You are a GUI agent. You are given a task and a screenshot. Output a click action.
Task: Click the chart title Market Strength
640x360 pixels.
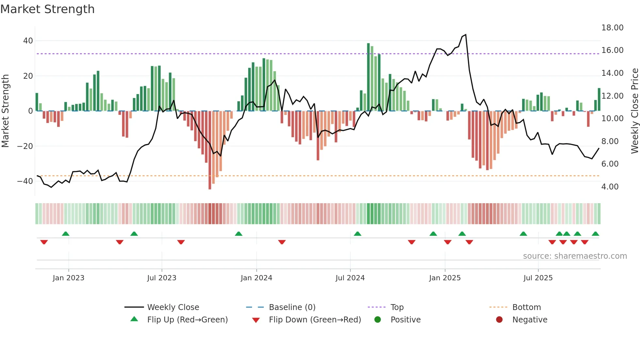click(47, 9)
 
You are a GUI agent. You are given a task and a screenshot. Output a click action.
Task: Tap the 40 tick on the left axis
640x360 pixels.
click(28, 41)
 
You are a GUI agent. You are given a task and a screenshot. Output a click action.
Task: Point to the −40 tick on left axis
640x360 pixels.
click(25, 181)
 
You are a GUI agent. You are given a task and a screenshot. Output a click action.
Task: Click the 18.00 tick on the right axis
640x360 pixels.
click(612, 28)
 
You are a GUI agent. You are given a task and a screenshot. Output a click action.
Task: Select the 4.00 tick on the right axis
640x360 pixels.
click(610, 187)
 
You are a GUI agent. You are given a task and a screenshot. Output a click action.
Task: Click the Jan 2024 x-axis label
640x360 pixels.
click(256, 278)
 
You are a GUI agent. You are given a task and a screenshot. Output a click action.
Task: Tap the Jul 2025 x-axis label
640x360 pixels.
click(538, 278)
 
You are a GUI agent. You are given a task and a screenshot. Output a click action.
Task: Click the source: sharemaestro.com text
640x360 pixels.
click(575, 256)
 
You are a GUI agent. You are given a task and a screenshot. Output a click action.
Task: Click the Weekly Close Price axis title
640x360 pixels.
click(634, 111)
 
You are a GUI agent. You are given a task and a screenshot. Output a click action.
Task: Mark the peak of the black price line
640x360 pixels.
click(466, 35)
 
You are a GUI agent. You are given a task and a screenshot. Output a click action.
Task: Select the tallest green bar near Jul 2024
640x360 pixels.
click(368, 77)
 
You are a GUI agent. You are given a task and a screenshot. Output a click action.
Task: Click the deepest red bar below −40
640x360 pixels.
click(210, 150)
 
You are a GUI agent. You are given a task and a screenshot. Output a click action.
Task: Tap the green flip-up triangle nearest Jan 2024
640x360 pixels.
click(239, 234)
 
